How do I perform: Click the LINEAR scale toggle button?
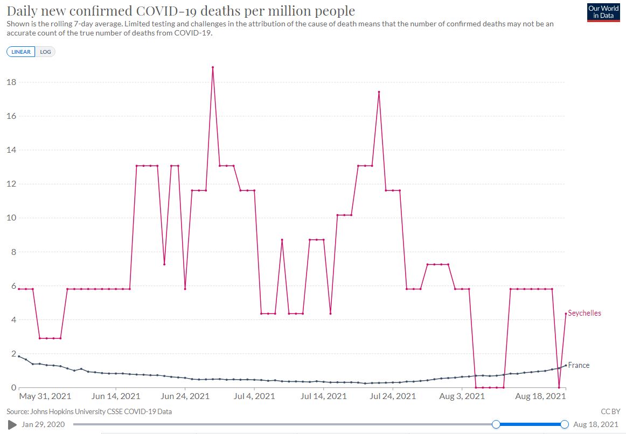click(x=21, y=52)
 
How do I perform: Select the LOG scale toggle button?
click(x=45, y=52)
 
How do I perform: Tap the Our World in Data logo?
click(x=603, y=12)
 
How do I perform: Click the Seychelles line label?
click(x=585, y=313)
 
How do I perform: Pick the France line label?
click(x=579, y=365)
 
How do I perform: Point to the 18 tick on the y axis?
click(x=10, y=82)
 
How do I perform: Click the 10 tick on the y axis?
click(x=10, y=218)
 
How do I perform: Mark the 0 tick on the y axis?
click(x=12, y=388)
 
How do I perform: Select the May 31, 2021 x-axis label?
click(x=45, y=397)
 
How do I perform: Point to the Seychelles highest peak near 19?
click(x=213, y=67)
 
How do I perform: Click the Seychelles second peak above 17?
click(x=379, y=92)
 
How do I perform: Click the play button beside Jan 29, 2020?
click(x=12, y=425)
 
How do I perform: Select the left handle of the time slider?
click(x=496, y=425)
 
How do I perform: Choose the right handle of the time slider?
click(x=565, y=425)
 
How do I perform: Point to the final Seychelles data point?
click(x=566, y=314)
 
